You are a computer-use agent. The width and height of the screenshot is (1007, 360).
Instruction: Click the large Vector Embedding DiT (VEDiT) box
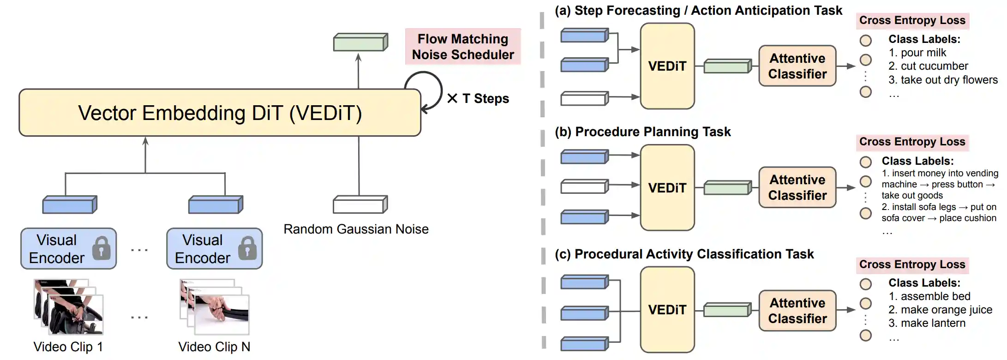(220, 113)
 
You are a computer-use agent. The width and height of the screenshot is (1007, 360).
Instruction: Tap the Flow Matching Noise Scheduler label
(463, 47)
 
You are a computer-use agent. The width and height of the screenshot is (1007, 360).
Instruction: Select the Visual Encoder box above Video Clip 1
(68, 249)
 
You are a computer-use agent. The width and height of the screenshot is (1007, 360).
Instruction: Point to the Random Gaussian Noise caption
(356, 229)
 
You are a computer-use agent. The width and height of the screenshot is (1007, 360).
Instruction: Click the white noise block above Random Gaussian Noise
(360, 204)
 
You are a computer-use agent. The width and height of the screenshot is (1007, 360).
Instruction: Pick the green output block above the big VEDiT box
(360, 42)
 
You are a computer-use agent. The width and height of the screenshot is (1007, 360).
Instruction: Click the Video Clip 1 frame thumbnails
(68, 306)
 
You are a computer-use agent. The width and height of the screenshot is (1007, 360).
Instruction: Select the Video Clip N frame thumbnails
(215, 306)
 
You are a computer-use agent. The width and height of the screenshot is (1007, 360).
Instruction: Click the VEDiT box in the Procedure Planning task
(667, 188)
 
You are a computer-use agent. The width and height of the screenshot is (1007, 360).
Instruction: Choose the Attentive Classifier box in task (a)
(797, 66)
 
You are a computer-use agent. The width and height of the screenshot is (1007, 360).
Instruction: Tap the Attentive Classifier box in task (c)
(797, 311)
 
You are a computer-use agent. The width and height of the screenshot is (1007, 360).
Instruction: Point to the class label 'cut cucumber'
(928, 66)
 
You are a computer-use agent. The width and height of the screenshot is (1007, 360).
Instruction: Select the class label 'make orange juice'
(940, 310)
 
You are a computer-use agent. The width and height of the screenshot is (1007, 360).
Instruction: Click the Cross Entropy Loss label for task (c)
(912, 264)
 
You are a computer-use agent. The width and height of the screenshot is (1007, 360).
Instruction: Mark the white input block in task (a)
(585, 98)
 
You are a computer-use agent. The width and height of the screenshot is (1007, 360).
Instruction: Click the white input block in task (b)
(585, 186)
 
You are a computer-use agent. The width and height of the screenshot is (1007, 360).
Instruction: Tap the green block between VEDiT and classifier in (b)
(728, 188)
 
